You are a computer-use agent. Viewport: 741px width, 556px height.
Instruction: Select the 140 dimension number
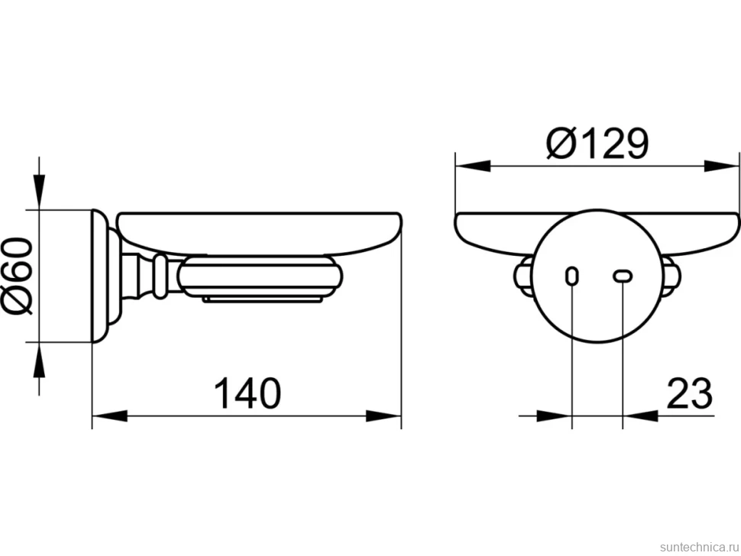click(x=248, y=393)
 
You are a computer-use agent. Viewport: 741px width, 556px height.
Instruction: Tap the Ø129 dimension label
click(x=598, y=143)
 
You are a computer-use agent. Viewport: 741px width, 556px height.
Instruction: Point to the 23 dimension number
click(x=689, y=393)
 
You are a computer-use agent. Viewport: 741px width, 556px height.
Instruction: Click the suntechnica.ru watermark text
click(x=699, y=547)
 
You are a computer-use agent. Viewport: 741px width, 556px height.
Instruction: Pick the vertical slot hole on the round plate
click(x=572, y=276)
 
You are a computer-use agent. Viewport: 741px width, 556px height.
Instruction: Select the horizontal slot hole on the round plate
click(x=623, y=276)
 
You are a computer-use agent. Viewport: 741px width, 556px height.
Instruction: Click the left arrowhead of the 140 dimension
click(x=110, y=416)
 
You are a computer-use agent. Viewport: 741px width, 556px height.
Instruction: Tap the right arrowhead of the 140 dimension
click(x=383, y=416)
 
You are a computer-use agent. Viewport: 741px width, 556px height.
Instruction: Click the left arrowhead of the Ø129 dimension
click(x=473, y=166)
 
